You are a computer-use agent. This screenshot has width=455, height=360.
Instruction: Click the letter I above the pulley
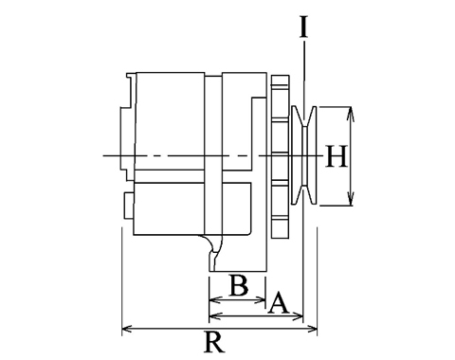303,27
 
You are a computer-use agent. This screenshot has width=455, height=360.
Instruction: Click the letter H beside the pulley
337,156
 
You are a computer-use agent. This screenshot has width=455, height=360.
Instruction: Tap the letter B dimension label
239,285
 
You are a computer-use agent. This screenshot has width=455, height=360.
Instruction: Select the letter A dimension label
278,302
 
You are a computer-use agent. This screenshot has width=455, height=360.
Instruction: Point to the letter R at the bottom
214,342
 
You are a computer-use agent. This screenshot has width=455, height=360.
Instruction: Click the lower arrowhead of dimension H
350,198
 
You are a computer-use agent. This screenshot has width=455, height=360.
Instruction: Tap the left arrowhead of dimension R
127,330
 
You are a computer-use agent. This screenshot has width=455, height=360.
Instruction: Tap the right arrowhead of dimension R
312,330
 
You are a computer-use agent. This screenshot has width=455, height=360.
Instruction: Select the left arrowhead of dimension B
215,299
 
